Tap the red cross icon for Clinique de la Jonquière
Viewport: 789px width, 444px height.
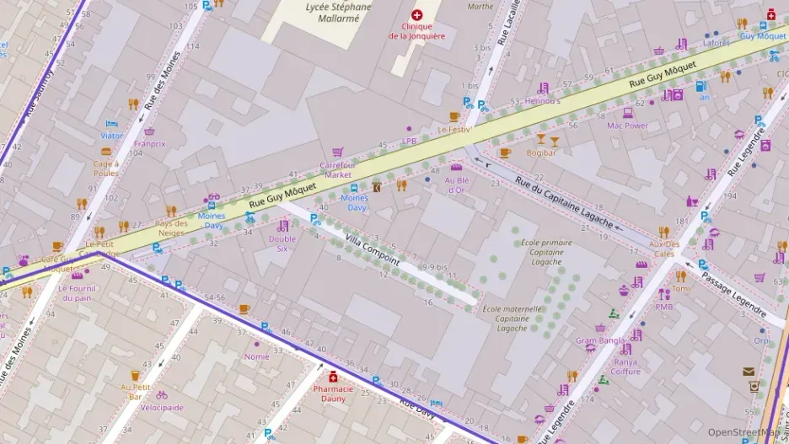416,15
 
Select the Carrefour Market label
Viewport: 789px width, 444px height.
337,169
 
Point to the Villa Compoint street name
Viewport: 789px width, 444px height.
373,250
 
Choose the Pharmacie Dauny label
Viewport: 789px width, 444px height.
334,393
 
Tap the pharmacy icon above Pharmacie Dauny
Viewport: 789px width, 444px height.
334,376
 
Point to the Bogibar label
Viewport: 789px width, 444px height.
541,153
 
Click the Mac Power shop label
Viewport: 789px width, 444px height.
627,126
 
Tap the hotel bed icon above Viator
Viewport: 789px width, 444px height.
111,124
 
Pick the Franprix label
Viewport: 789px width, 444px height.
149,144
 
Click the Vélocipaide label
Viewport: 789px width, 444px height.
162,408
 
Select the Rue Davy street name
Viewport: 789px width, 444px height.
417,408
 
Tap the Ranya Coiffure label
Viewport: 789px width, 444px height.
625,366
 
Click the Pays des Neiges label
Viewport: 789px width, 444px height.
171,228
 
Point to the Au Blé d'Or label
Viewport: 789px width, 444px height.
456,185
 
